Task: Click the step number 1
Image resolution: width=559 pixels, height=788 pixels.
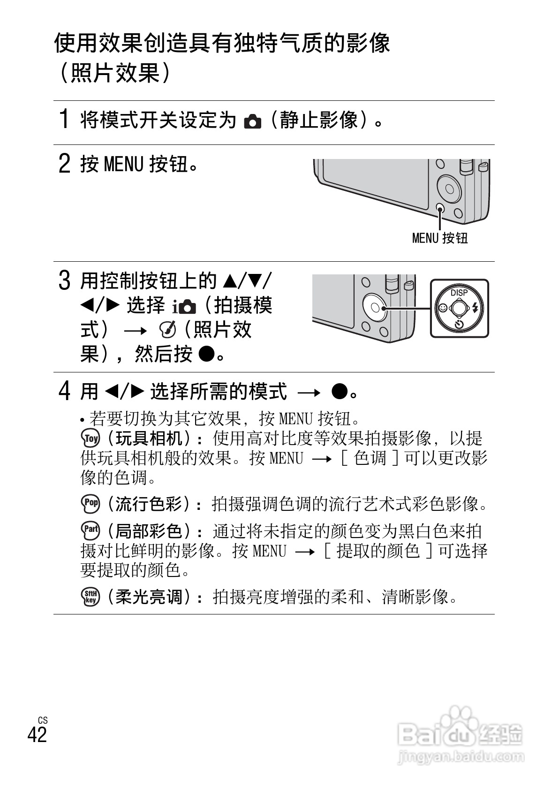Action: click(x=65, y=119)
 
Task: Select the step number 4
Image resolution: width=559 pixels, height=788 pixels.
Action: click(x=65, y=390)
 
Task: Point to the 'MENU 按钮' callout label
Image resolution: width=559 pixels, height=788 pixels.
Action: click(x=439, y=238)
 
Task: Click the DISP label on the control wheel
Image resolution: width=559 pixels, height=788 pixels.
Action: click(x=459, y=293)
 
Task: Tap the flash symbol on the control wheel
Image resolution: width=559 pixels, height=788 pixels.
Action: click(x=476, y=308)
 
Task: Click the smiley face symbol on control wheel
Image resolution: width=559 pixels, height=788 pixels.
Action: click(x=442, y=309)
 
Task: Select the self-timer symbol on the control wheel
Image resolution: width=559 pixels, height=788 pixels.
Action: click(x=459, y=325)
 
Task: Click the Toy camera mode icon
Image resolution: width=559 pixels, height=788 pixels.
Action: click(x=91, y=439)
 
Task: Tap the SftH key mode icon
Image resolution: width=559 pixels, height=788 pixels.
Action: click(x=91, y=596)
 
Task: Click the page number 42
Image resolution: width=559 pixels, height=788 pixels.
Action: click(x=38, y=734)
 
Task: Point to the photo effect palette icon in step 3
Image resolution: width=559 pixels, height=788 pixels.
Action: click(x=168, y=330)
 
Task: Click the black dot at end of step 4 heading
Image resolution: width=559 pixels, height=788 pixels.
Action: click(x=340, y=391)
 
